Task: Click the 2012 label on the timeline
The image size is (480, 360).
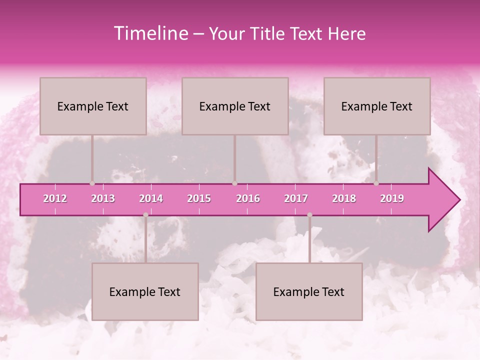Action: [x=55, y=198]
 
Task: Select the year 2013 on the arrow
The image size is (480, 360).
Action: [x=103, y=198]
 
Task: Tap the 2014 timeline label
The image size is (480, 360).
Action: [x=151, y=198]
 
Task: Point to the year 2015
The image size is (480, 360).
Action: [x=199, y=198]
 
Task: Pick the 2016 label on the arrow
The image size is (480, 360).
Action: [x=248, y=198]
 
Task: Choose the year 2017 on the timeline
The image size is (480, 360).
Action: [x=296, y=198]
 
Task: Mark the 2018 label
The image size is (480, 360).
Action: [x=344, y=198]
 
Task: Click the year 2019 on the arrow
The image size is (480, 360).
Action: [x=392, y=198]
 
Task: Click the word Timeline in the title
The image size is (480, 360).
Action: [x=150, y=33]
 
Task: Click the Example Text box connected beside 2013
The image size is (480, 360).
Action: [x=93, y=106]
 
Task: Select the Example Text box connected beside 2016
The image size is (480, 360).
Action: [x=235, y=106]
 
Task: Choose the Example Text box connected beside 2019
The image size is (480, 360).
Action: [x=377, y=106]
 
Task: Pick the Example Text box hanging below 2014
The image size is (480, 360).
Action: [x=145, y=291]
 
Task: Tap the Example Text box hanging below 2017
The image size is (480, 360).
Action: [x=309, y=291]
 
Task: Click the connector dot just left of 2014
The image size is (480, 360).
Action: [x=145, y=215]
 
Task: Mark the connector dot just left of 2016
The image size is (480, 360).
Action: [x=235, y=183]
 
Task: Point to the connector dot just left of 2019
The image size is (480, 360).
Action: [x=376, y=183]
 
